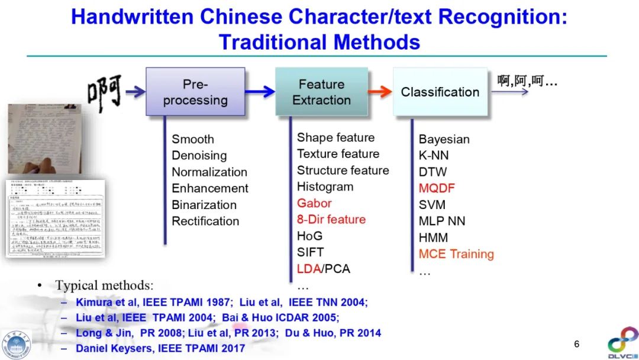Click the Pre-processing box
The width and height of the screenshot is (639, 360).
point(195,92)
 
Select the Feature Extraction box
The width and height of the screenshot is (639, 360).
point(321,92)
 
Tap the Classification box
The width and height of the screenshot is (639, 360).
point(440,92)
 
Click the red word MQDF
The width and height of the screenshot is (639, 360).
point(437,188)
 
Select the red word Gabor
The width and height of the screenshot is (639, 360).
point(314,203)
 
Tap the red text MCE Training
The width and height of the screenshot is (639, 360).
point(456,254)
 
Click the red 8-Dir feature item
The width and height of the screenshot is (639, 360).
point(331,220)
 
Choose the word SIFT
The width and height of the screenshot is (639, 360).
point(310,252)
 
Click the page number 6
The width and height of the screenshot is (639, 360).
point(577,344)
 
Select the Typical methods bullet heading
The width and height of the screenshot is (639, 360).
point(104,285)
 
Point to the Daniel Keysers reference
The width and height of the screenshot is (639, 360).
point(160,348)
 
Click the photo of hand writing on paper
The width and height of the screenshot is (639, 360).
point(44,139)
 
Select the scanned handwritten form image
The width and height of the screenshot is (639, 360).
point(56,219)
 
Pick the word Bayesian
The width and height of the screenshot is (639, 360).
point(444,139)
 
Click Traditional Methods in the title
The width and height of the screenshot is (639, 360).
point(319,42)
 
